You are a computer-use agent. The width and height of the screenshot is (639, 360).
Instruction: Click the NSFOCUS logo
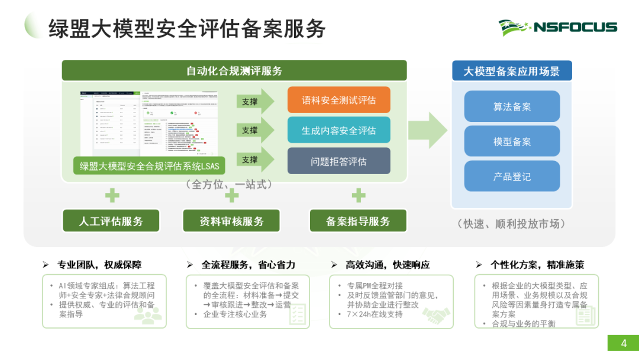[557, 27]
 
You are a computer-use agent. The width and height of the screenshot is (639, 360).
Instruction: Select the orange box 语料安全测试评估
[338, 100]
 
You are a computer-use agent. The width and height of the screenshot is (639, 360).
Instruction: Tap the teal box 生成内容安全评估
[338, 130]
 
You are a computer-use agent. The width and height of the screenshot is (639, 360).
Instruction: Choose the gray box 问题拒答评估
[338, 161]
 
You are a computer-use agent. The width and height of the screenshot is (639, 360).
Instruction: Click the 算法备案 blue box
[512, 107]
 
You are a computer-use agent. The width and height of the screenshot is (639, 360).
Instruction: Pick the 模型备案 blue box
[512, 142]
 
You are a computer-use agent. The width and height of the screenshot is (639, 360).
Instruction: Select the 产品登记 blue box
[512, 176]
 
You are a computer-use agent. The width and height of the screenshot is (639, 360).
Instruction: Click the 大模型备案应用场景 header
[512, 71]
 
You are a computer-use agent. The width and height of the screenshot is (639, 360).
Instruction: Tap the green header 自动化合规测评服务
[234, 71]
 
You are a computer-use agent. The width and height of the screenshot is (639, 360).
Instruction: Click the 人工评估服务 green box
[111, 221]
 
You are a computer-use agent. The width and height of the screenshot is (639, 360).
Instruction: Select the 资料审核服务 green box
[231, 221]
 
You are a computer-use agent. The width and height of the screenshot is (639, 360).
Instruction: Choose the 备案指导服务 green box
[358, 221]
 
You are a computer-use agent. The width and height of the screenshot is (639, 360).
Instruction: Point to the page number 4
[624, 343]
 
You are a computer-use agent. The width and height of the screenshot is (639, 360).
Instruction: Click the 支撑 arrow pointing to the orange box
[255, 101]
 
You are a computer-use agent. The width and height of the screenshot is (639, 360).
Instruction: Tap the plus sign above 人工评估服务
[112, 195]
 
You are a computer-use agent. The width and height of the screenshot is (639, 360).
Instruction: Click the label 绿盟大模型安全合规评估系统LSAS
[149, 166]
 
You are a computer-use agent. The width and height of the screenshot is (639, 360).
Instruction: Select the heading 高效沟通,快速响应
[388, 265]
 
